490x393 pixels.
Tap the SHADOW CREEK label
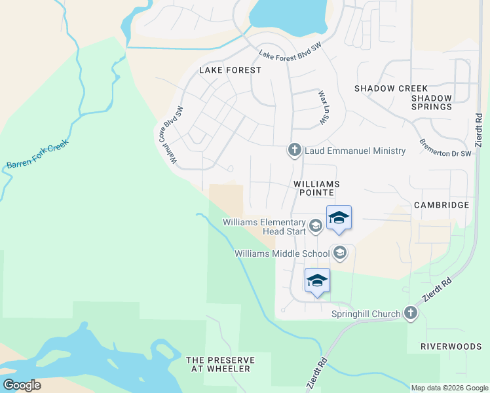tap(391, 88)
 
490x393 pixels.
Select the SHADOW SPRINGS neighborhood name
tap(432, 102)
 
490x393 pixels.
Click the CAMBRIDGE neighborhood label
tap(442, 205)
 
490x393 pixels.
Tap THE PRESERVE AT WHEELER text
tap(218, 365)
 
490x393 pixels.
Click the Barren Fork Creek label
tap(37, 156)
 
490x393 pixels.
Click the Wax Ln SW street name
tap(323, 107)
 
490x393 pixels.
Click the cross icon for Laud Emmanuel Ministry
tap(294, 151)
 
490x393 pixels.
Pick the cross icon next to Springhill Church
tap(411, 313)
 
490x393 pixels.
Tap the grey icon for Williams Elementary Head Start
tap(315, 227)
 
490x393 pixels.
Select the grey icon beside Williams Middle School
tap(340, 253)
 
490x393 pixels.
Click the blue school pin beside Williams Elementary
tap(339, 218)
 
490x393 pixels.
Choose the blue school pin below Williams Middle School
tap(317, 281)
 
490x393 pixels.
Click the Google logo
tap(22, 384)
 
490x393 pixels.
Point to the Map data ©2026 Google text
tap(449, 388)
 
